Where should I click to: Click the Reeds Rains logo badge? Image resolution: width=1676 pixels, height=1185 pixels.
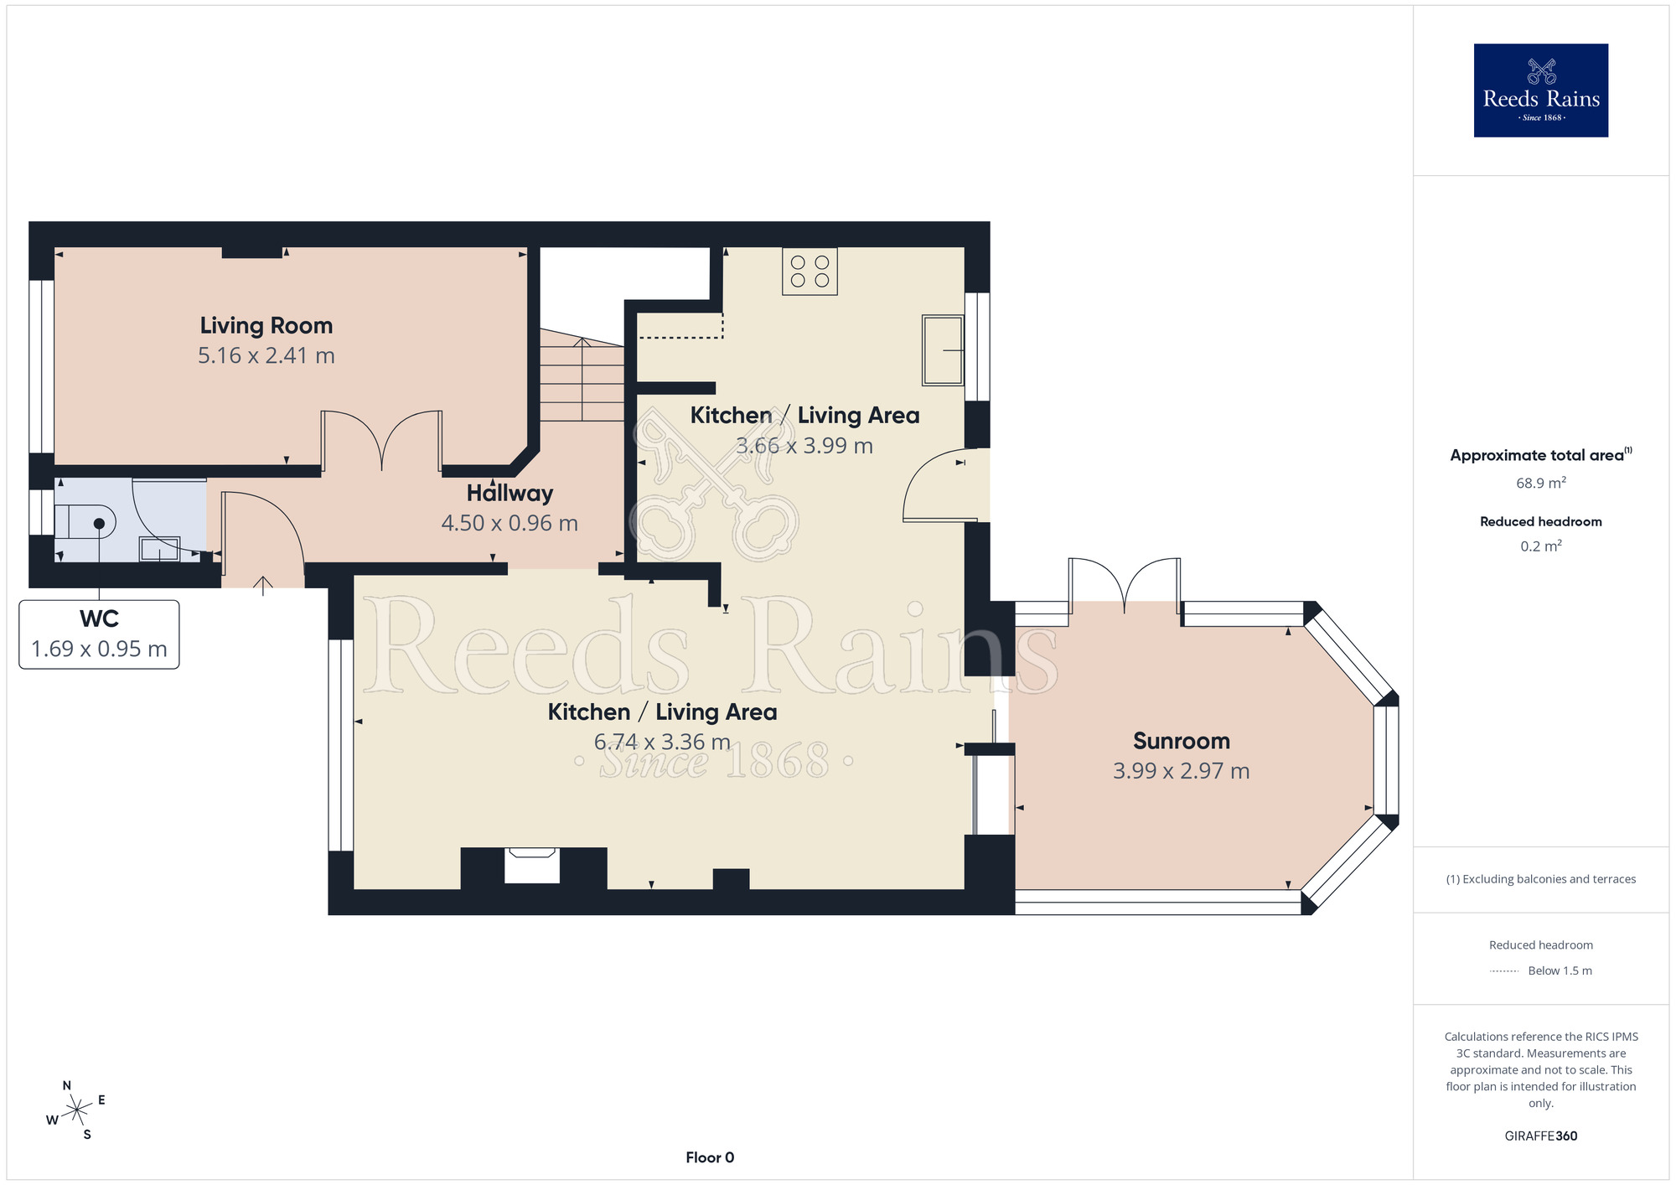1540,90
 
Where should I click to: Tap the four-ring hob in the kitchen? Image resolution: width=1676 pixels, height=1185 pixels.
810,271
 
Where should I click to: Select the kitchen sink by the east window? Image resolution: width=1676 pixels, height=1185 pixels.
943,349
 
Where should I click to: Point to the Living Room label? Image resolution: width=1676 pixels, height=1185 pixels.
266,325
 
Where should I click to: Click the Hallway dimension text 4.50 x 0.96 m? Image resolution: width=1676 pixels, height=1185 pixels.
510,523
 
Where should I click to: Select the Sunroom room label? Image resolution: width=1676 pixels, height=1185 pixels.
1182,741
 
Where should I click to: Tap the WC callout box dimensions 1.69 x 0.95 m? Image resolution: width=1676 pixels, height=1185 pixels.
99,649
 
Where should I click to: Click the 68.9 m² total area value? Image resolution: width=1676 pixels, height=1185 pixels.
1541,483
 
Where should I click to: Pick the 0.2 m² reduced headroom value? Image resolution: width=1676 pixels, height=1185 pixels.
1541,546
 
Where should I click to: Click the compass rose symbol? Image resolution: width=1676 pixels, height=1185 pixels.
76,1110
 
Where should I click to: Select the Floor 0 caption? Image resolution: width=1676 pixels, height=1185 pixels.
710,1157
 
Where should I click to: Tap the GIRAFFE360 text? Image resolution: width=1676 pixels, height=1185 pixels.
1541,1136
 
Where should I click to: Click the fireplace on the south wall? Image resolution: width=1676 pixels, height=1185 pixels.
532,866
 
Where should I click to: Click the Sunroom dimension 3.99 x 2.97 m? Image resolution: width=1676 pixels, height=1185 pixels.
1182,771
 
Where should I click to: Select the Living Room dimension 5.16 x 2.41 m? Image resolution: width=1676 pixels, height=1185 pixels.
266,355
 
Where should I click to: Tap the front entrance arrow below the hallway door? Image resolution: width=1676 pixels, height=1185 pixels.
263,585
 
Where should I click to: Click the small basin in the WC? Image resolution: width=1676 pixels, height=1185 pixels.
159,549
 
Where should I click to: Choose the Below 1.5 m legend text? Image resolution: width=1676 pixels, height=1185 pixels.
1560,970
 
